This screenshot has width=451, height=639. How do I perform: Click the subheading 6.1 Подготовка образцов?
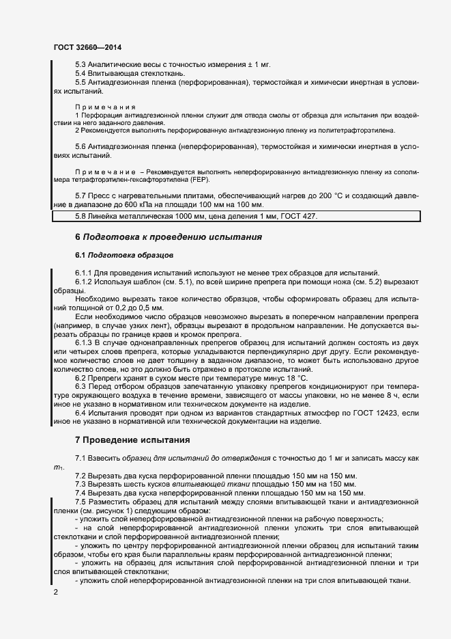click(124, 255)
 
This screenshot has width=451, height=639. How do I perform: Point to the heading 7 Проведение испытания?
click(132, 439)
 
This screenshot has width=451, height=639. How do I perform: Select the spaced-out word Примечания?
click(105, 107)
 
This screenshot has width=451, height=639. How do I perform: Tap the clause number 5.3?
click(81, 64)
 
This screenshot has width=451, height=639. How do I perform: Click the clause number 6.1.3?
click(85, 342)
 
